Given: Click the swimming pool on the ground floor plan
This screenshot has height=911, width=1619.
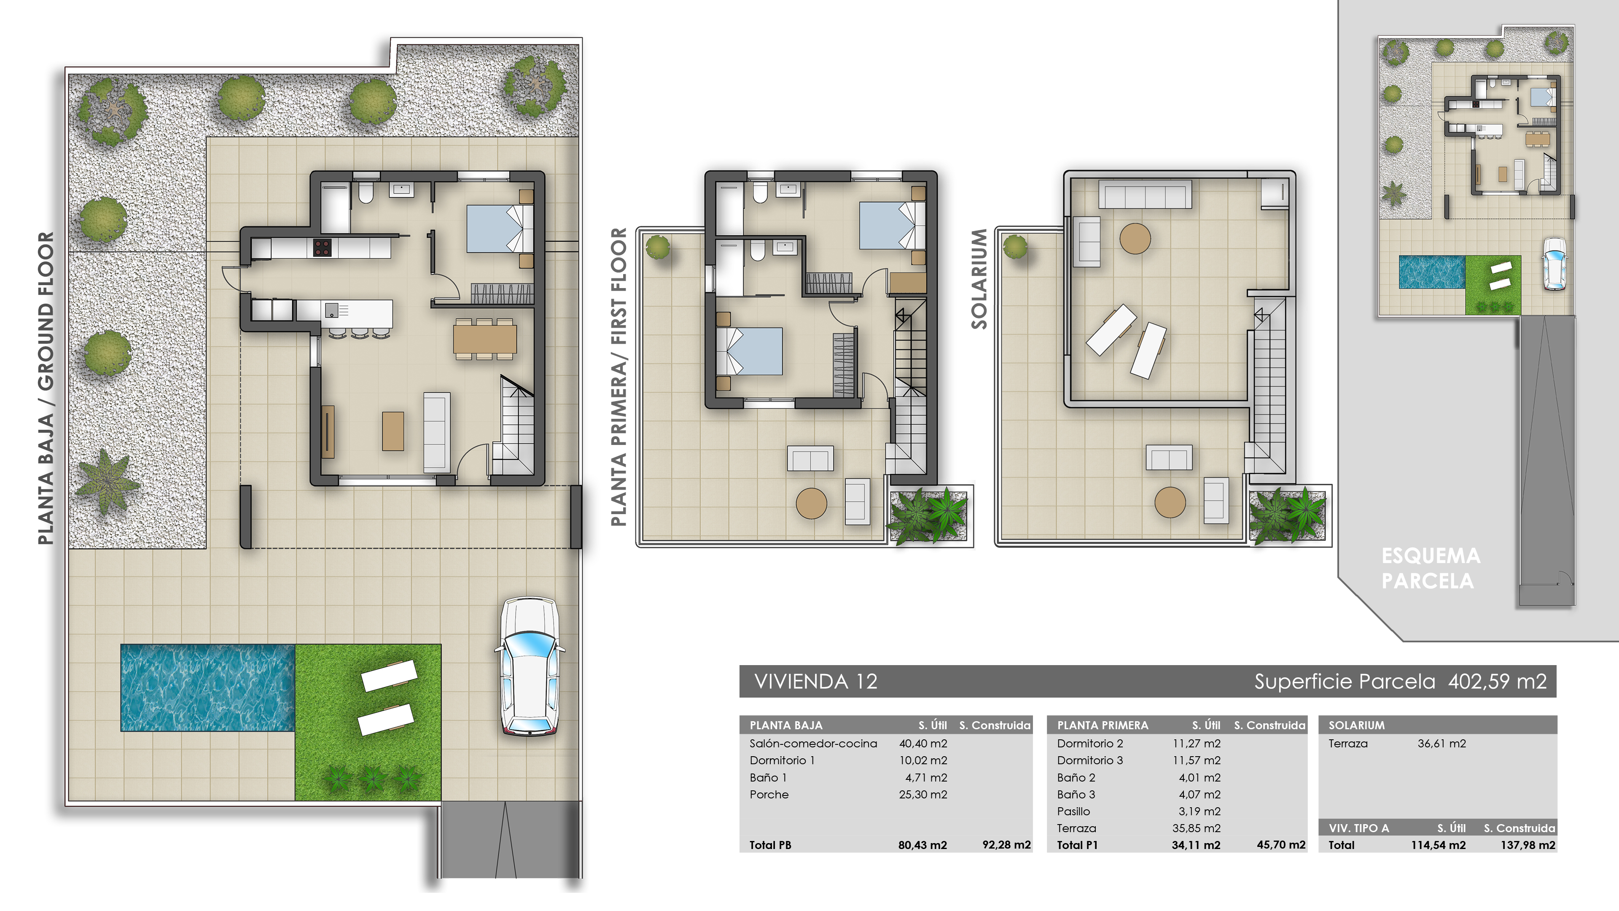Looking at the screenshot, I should pos(207,687).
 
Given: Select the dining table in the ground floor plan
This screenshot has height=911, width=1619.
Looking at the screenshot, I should pos(484,339).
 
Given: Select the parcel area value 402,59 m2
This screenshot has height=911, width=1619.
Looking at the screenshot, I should pos(1497,682).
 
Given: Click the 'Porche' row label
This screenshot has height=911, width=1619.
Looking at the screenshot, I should pos(769,794).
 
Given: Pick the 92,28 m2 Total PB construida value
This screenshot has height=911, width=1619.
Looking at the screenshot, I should pos(1006,845).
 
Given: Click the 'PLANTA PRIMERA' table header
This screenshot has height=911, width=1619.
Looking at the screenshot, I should pos(1103,725).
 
